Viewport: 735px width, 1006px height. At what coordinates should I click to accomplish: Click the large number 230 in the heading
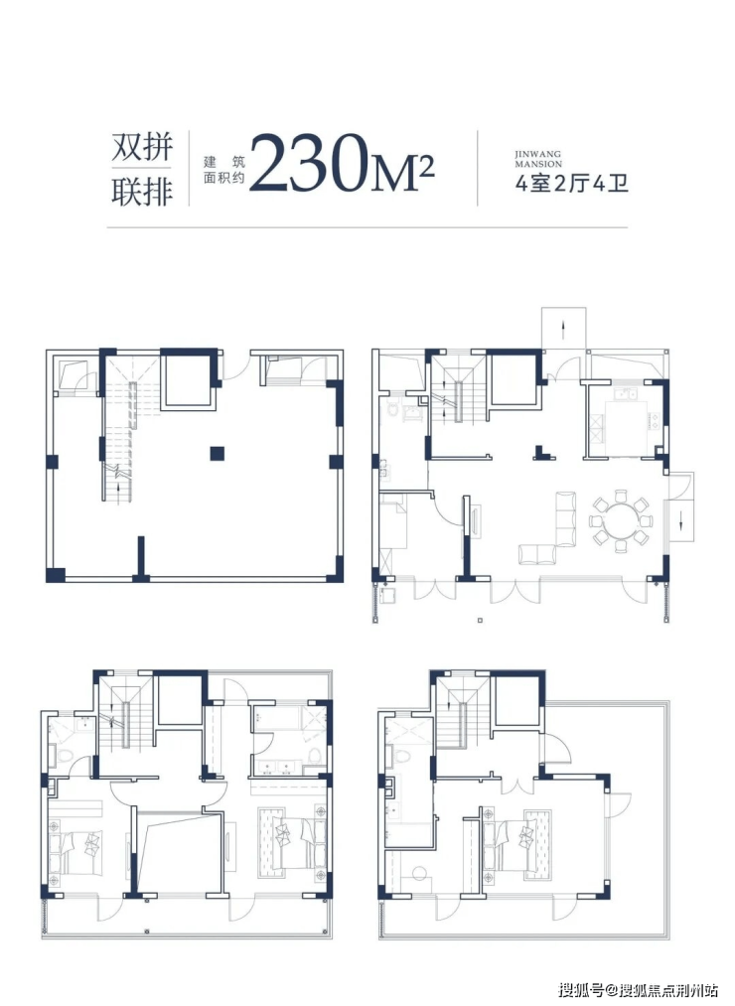[x=312, y=164]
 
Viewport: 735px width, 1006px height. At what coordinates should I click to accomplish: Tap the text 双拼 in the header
[x=142, y=147]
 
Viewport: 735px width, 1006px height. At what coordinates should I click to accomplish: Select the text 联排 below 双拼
[x=142, y=192]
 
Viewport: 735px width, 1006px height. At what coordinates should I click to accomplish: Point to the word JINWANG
[x=538, y=154]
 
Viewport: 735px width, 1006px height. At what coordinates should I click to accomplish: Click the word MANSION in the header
[x=538, y=164]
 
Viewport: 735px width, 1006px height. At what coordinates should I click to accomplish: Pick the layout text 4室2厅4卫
[x=571, y=184]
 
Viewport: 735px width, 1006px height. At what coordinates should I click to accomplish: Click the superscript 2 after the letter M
[x=426, y=168]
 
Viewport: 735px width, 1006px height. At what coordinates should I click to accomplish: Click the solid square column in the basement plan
[x=217, y=453]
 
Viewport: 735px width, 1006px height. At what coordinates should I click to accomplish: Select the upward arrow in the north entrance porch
[x=563, y=331]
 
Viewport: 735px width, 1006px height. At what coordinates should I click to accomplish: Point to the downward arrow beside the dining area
[x=681, y=517]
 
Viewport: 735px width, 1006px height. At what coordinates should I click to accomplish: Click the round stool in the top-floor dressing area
[x=420, y=873]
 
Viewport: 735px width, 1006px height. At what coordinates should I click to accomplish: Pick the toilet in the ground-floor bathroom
[x=393, y=409]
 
